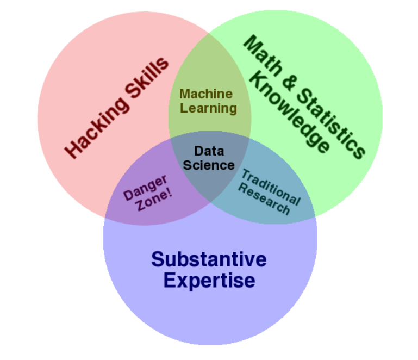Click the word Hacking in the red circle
(97, 127)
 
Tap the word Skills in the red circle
(147, 78)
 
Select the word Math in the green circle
(263, 55)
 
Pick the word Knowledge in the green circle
(290, 112)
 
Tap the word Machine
(206, 94)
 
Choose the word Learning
(209, 109)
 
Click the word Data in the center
(209, 151)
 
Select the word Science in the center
(209, 165)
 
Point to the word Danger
(146, 188)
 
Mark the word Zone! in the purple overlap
(154, 200)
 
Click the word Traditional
(271, 187)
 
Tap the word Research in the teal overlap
(264, 199)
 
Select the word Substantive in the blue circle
(209, 259)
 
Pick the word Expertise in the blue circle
(209, 281)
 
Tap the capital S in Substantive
(158, 259)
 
